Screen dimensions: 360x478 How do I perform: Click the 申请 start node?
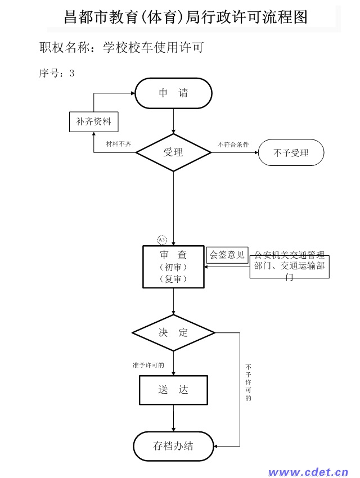pos(173,93)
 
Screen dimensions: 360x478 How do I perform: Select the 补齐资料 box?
pos(93,121)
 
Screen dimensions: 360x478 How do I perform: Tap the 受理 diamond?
pos(173,152)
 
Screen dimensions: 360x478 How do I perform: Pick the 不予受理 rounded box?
pos(291,152)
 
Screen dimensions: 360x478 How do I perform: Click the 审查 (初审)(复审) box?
pos(173,267)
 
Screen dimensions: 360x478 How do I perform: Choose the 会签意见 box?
pos(227,255)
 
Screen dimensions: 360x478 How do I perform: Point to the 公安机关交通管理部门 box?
pos(290,267)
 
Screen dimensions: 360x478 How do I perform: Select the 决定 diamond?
pos(173,332)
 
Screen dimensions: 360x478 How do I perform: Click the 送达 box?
pos(173,390)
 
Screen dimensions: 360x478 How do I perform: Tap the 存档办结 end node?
pos(173,447)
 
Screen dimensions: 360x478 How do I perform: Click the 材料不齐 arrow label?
pos(118,144)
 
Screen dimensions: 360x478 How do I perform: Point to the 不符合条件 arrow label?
pos(233,145)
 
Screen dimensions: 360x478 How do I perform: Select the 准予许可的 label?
pos(148,365)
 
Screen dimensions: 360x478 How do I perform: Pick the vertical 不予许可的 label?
pos(249,382)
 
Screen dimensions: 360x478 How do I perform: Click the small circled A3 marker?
pos(162,240)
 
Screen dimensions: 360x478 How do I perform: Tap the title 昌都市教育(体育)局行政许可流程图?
pos(186,17)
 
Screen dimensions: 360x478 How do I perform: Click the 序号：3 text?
pos(57,73)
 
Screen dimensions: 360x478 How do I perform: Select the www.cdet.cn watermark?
pos(308,472)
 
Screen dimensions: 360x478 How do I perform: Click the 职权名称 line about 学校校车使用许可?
pos(121,47)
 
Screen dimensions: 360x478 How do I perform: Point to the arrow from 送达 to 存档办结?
pos(173,418)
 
